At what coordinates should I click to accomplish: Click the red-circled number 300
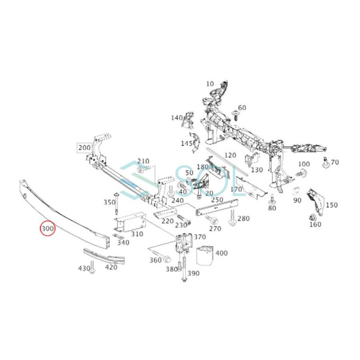[x=48, y=229]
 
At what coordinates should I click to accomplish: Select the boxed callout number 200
[x=84, y=148]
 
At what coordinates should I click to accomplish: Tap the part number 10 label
[x=210, y=84]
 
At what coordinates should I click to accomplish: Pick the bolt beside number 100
[x=302, y=173]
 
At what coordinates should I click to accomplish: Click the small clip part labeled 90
[x=296, y=191]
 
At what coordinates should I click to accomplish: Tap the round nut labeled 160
[x=313, y=218]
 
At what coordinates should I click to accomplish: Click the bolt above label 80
[x=272, y=198]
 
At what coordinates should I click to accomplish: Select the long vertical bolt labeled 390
[x=184, y=270]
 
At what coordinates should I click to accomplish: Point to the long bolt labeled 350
[x=116, y=204]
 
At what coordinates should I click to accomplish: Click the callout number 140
[x=176, y=118]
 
